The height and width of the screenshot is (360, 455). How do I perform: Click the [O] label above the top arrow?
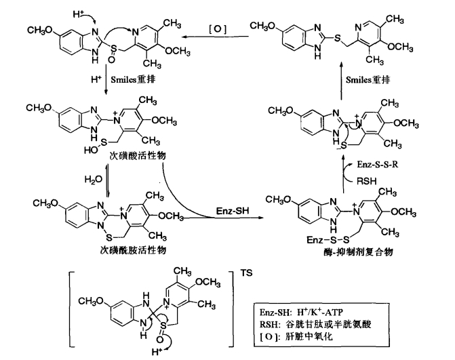pyautogui.click(x=218, y=29)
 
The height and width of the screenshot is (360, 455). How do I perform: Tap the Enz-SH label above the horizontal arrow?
pyautogui.click(x=233, y=211)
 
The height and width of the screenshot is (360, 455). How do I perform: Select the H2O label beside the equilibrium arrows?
pyautogui.click(x=94, y=180)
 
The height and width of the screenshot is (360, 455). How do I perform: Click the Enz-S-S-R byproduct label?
pyautogui.click(x=378, y=165)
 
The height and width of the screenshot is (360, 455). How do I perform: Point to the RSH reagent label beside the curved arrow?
pyautogui.click(x=366, y=181)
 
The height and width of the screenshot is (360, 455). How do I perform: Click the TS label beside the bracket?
pyautogui.click(x=246, y=273)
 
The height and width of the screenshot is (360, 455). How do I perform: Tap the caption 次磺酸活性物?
pyautogui.click(x=138, y=155)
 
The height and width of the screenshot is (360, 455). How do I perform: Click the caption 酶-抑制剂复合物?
pyautogui.click(x=358, y=252)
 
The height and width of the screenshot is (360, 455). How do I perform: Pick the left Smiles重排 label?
pyautogui.click(x=133, y=79)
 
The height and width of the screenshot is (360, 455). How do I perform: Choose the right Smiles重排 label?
pyautogui.click(x=368, y=79)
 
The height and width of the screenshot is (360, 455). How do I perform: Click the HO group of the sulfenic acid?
pyautogui.click(x=90, y=151)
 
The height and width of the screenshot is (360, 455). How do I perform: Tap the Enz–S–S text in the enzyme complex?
pyautogui.click(x=328, y=240)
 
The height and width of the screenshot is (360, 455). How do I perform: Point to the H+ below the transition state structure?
pyautogui.click(x=157, y=353)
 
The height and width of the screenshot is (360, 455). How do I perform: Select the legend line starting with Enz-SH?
pyautogui.click(x=302, y=313)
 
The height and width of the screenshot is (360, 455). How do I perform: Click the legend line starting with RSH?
pyautogui.click(x=315, y=324)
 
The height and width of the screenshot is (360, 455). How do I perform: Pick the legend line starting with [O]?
pyautogui.click(x=296, y=336)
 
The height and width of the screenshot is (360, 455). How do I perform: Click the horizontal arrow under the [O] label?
pyautogui.click(x=215, y=37)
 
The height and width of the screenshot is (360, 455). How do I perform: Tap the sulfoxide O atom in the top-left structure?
pyautogui.click(x=111, y=60)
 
